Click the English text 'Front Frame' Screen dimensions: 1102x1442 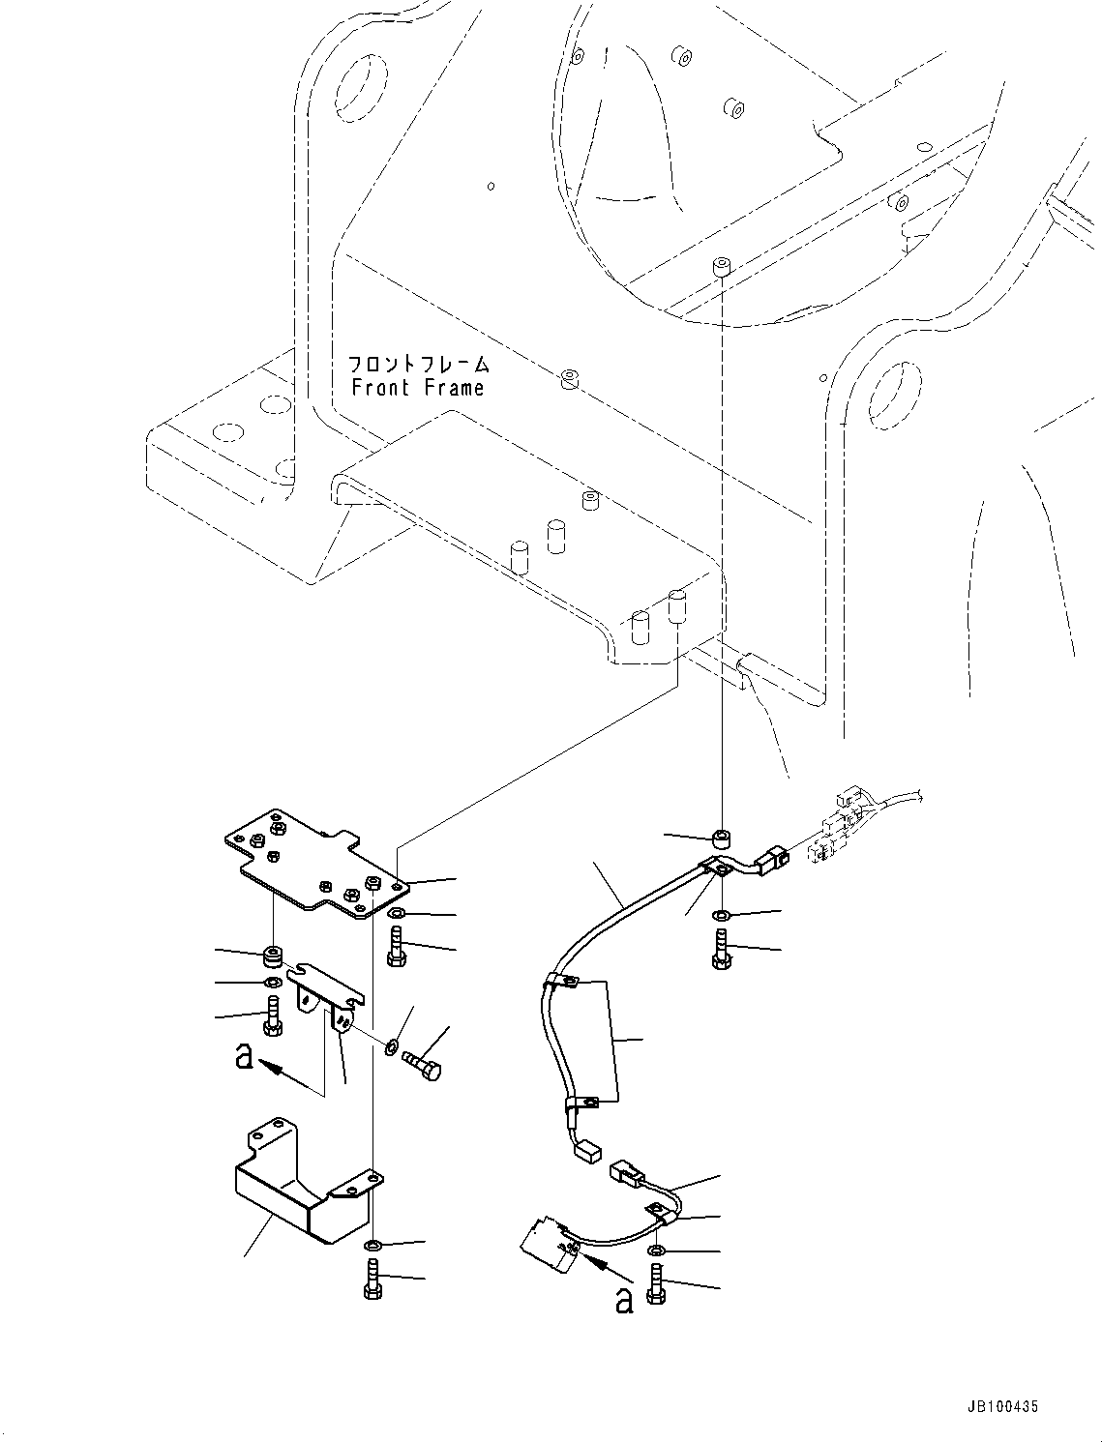pyautogui.click(x=418, y=388)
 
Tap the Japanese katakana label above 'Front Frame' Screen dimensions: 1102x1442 pyautogui.click(x=418, y=364)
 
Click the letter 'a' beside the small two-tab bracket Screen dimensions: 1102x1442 pyautogui.click(x=244, y=1057)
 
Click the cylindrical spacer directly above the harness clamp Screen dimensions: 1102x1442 pyautogui.click(x=722, y=839)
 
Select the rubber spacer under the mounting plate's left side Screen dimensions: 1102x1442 pyautogui.click(x=272, y=956)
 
